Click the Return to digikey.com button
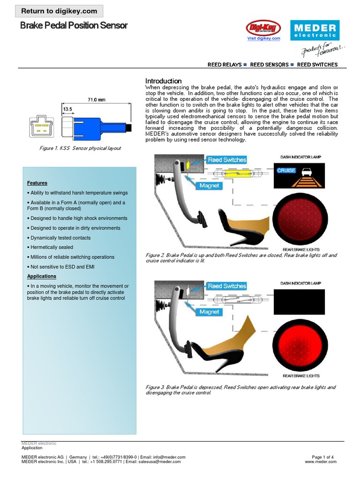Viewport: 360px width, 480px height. [60, 11]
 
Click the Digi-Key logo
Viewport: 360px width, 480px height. [263, 28]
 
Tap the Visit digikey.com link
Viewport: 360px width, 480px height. [263, 38]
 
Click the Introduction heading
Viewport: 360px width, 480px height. [163, 81]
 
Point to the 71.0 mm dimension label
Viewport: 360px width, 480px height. [96, 99]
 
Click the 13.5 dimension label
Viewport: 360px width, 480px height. [67, 109]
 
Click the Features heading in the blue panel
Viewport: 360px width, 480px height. [37, 183]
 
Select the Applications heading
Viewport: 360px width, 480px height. [42, 276]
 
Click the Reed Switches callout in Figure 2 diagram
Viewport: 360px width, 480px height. [227, 160]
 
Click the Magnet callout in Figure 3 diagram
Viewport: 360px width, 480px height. [209, 312]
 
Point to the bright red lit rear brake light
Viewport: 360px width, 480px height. [300, 345]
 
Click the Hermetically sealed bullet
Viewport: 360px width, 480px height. [50, 247]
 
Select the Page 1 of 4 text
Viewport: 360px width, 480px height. [322, 457]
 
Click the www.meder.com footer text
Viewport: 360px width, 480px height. [321, 462]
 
